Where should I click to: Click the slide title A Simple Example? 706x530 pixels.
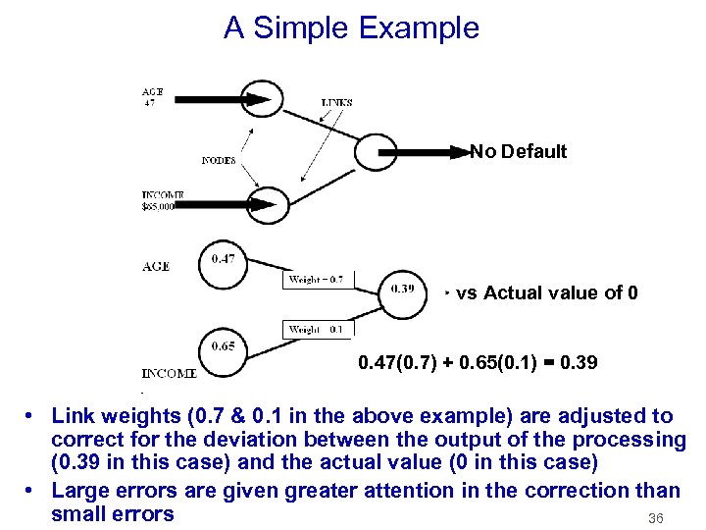[x=351, y=27]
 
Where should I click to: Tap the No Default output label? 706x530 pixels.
[x=518, y=151]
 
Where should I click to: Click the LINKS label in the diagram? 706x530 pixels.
[x=336, y=102]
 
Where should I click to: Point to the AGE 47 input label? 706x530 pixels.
[x=152, y=96]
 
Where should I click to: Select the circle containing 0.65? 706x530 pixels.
[x=223, y=346]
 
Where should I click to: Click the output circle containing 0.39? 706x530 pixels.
[x=402, y=290]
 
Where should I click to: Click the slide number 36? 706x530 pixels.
[x=656, y=517]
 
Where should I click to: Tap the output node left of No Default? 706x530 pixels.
[x=378, y=152]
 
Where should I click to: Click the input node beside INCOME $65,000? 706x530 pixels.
[x=266, y=204]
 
